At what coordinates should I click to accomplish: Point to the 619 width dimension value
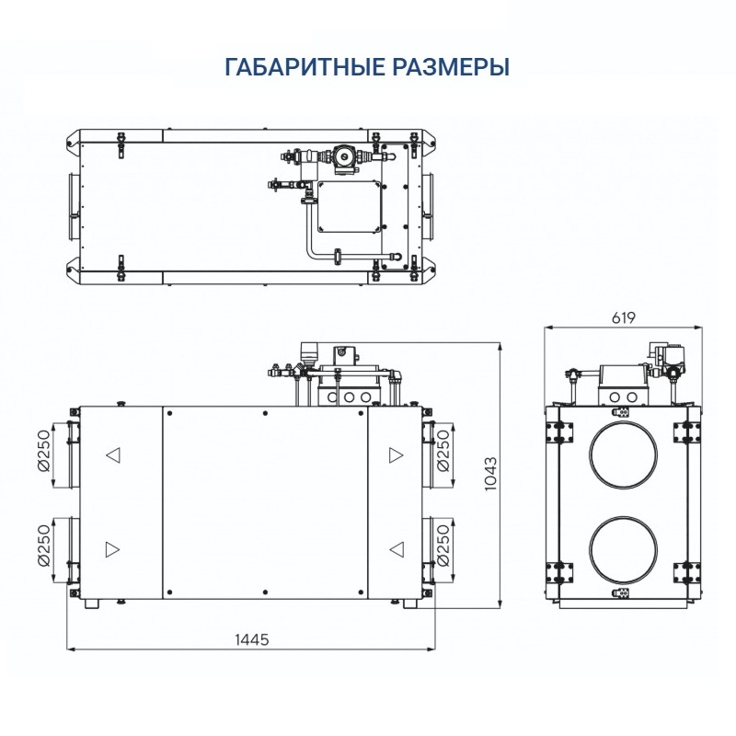click(624, 317)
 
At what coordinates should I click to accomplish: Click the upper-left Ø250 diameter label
click(41, 454)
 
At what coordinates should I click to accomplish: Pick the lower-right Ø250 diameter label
click(443, 547)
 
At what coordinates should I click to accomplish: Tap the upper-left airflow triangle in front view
click(112, 454)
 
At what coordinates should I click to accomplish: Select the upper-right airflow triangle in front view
click(396, 454)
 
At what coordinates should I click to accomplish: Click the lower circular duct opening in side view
click(624, 551)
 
